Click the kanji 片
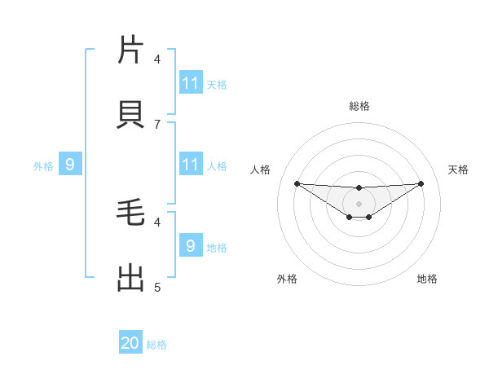coord(130,51)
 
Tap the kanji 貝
coord(130,115)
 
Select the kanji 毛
coord(130,214)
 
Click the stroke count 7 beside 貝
coord(157,124)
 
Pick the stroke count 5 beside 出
coord(157,287)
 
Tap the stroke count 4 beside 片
coord(157,59)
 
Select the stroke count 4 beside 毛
coord(157,221)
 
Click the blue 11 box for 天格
coord(191,83)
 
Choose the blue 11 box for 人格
coord(191,165)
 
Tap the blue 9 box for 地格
coord(191,246)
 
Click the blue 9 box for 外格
coord(70,165)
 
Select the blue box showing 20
coord(130,344)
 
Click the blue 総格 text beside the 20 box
coord(156,345)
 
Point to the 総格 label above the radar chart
coord(359,106)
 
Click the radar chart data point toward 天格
coord(421,183)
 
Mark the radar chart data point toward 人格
coord(297,183)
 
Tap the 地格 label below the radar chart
coord(427,279)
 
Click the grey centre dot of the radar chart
coord(359,203)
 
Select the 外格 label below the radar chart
coord(287,279)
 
